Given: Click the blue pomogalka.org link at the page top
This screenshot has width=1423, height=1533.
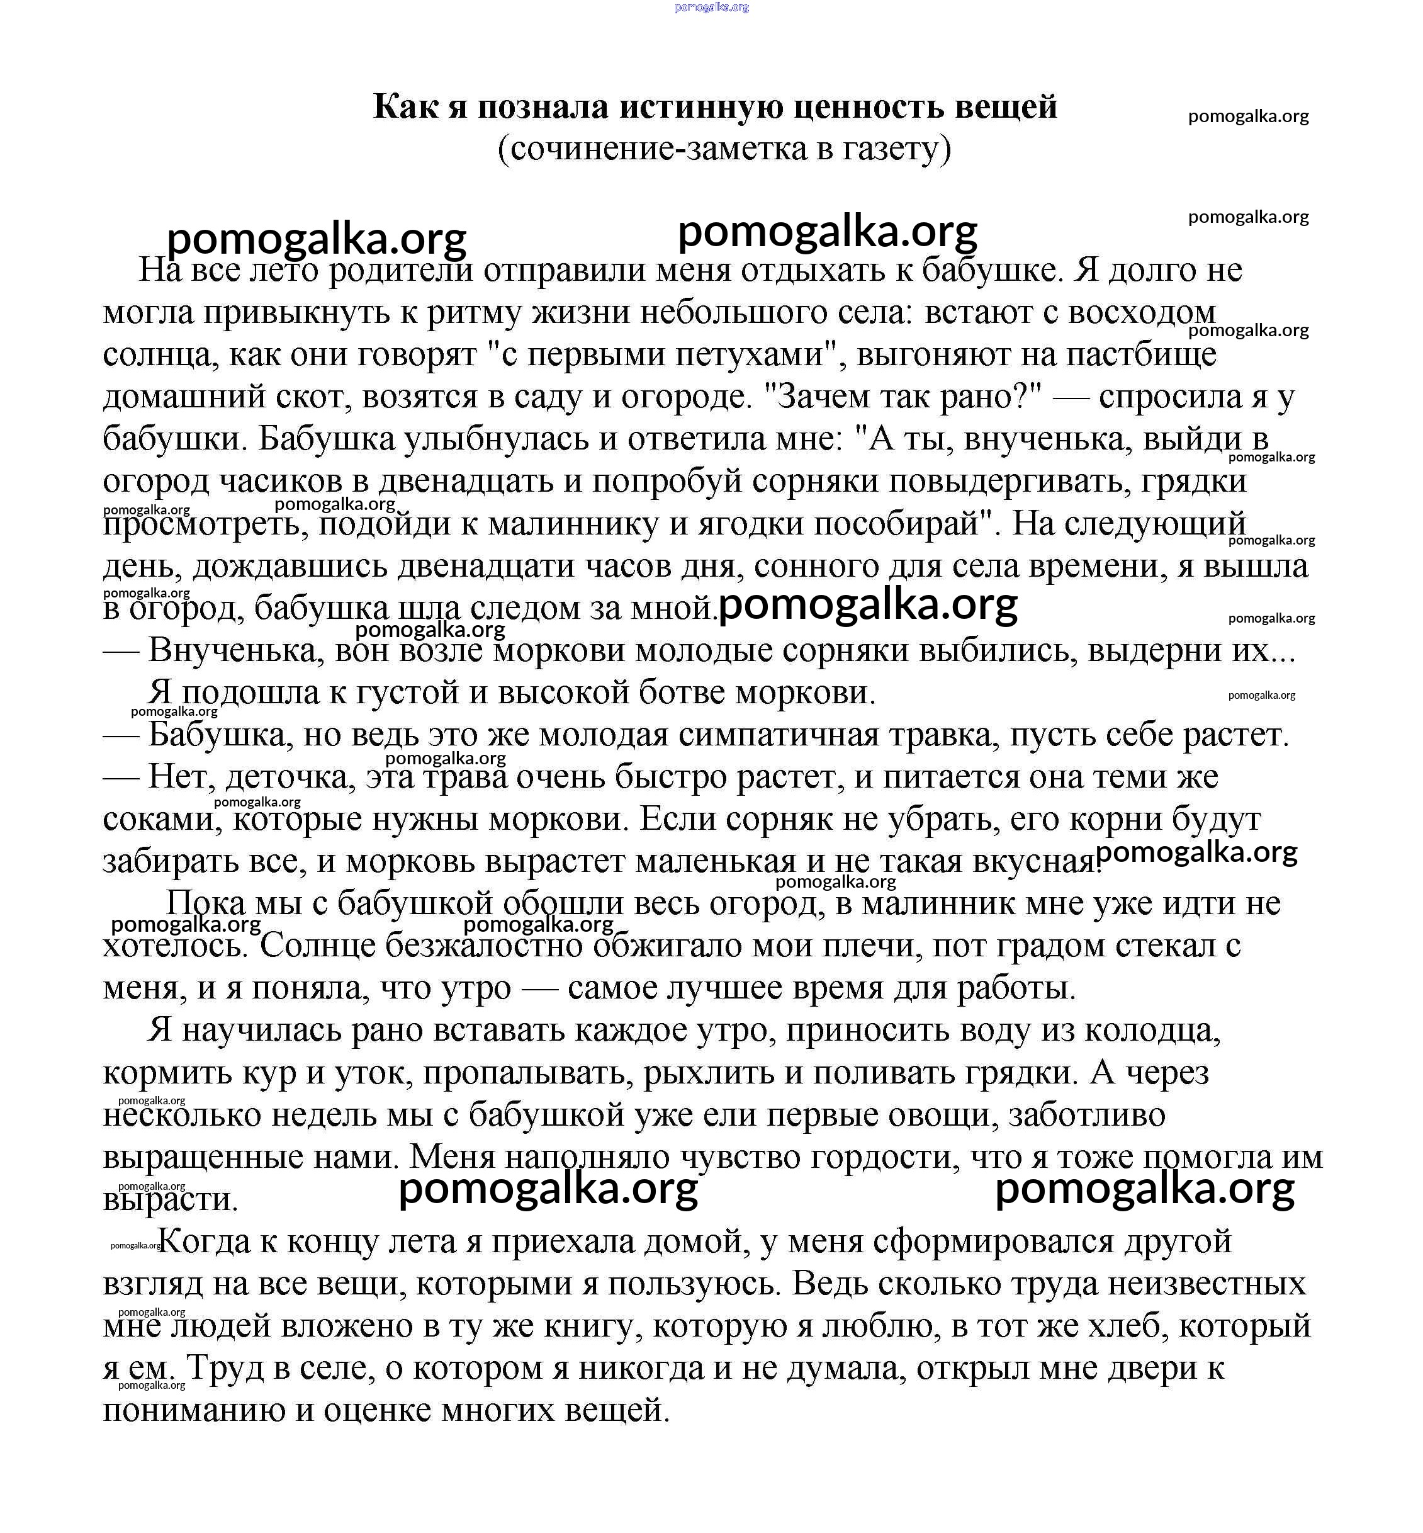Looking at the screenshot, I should pyautogui.click(x=711, y=7).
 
